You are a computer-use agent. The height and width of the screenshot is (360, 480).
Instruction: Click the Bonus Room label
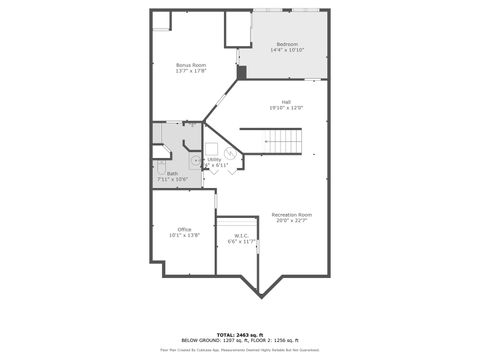tap(191, 64)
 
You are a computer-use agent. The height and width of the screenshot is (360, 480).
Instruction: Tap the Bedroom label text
tap(287, 44)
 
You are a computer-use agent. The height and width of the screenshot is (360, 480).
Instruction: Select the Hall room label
tap(286, 102)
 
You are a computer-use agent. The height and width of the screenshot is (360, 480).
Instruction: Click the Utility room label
tap(215, 159)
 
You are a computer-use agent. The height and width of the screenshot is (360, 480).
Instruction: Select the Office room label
tap(184, 229)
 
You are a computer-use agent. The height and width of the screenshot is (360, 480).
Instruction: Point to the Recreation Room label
tap(292, 215)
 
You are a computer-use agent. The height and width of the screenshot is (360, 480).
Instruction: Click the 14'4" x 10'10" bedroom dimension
tap(287, 50)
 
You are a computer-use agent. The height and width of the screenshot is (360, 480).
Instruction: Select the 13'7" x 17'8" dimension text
tap(191, 71)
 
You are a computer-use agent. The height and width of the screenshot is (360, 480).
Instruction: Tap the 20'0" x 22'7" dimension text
tap(292, 221)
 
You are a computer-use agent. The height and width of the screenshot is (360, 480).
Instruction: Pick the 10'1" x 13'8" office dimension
tap(184, 235)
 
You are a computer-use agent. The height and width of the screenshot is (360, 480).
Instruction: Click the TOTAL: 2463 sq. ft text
tap(240, 335)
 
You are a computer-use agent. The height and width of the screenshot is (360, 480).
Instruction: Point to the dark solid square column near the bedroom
tap(241, 72)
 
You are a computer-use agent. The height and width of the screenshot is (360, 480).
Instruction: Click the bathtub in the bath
tap(162, 171)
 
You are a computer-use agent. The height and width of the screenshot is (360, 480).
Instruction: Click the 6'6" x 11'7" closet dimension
tap(241, 242)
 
